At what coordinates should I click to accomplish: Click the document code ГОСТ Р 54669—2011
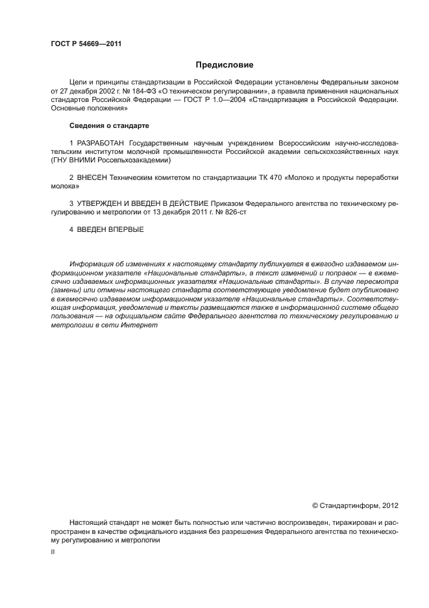tap(86, 44)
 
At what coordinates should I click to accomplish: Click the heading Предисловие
tap(225, 65)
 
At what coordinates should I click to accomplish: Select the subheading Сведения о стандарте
tap(109, 125)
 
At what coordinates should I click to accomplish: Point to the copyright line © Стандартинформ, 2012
tap(356, 505)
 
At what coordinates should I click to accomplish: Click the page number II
tap(53, 551)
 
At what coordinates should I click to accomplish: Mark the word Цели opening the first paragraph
tap(77, 82)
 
